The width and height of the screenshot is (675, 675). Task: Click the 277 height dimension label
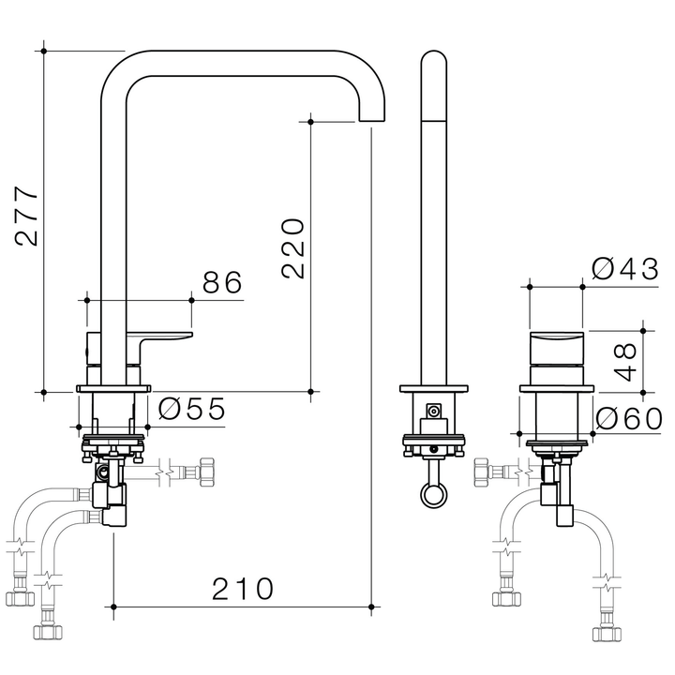click(x=28, y=217)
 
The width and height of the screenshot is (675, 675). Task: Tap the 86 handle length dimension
click(x=221, y=281)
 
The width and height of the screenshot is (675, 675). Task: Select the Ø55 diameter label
click(x=191, y=409)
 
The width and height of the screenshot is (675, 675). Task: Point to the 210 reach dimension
click(x=242, y=588)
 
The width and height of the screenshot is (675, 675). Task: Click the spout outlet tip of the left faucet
click(x=372, y=118)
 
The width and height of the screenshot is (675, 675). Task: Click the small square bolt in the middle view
click(x=433, y=411)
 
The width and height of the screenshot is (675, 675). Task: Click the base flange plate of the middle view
click(x=433, y=387)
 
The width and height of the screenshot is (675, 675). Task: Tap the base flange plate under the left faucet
click(x=112, y=387)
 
